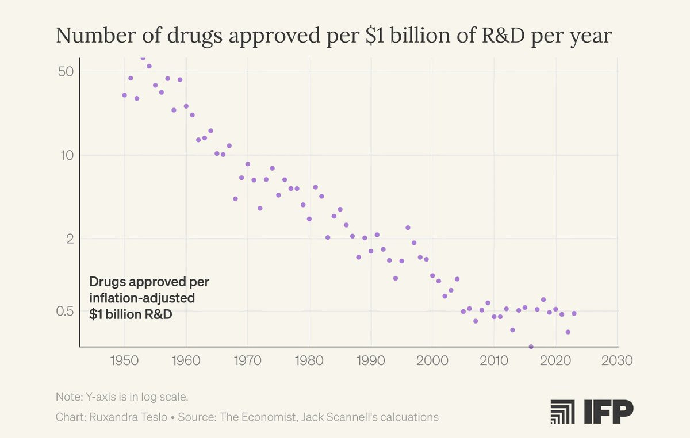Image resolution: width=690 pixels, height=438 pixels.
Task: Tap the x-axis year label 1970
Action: click(x=248, y=361)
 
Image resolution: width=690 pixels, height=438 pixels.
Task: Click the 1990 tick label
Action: click(x=371, y=361)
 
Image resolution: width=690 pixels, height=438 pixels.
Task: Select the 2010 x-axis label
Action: click(x=494, y=361)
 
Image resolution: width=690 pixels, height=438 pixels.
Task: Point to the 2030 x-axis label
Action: click(x=617, y=361)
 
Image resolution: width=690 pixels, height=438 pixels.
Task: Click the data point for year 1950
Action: click(x=124, y=95)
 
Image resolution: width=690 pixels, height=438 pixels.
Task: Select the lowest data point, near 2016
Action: click(x=531, y=347)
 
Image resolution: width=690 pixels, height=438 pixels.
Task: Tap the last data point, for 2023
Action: click(x=574, y=313)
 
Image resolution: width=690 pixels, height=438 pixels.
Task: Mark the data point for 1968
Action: click(x=235, y=199)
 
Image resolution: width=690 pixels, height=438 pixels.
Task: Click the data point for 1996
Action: click(x=408, y=228)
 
